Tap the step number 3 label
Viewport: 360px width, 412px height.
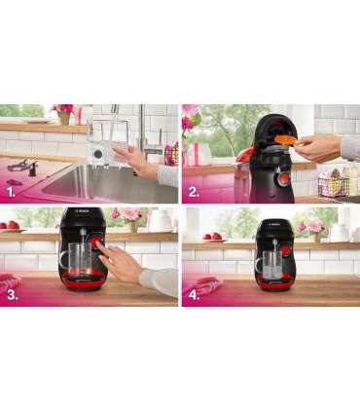(x=11, y=295)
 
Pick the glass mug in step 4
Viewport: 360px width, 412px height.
(x=270, y=260)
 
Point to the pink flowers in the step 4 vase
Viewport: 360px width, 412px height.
(x=314, y=224)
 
